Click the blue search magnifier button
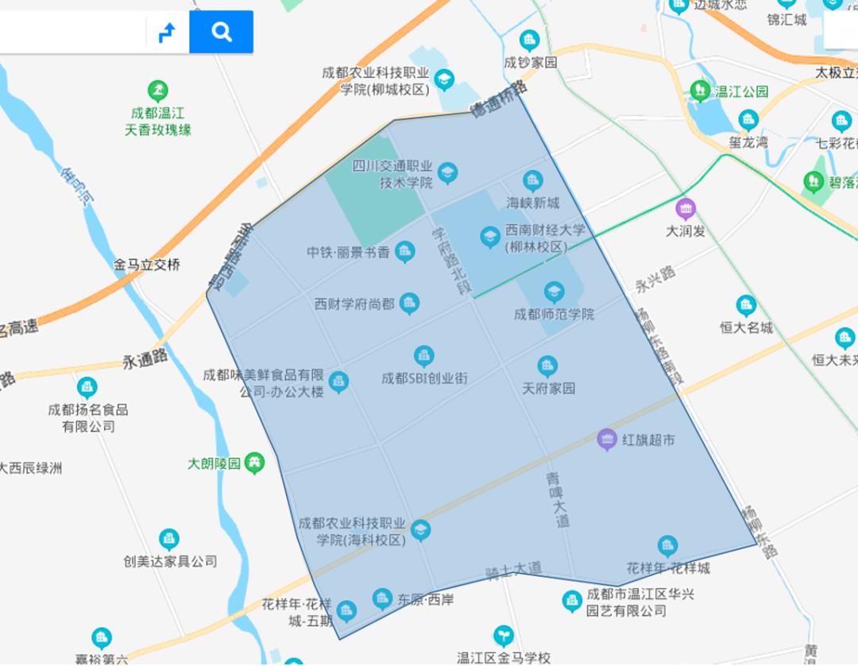(x=222, y=32)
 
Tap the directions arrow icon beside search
(x=167, y=33)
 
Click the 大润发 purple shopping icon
(x=685, y=210)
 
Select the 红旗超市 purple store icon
(x=607, y=439)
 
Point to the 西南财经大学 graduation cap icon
(x=490, y=237)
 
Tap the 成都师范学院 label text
(x=554, y=314)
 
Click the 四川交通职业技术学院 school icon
(x=447, y=173)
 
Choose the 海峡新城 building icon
(x=532, y=181)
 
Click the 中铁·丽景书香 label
(x=349, y=254)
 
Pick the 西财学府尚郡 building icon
(x=409, y=303)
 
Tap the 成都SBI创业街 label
(x=424, y=378)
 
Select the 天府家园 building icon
(x=547, y=366)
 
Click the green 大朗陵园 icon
(x=255, y=463)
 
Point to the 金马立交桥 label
(x=147, y=265)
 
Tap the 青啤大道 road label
(x=558, y=500)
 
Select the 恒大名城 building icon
(x=745, y=306)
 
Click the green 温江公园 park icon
(x=700, y=91)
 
